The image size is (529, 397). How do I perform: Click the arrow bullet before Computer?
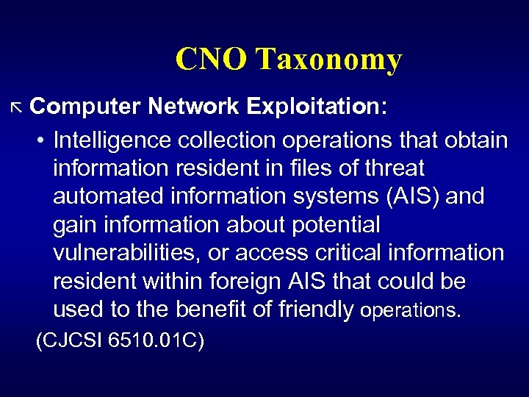18,107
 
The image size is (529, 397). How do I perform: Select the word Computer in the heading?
85,107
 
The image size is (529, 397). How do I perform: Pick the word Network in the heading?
193,107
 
